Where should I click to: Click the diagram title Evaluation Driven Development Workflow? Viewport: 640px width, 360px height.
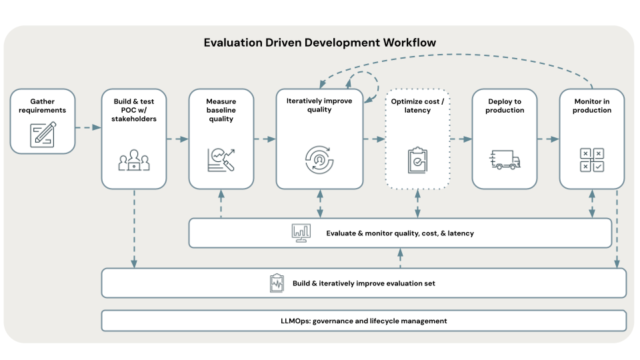pos(320,43)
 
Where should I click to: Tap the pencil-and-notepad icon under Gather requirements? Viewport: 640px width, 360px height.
pos(42,134)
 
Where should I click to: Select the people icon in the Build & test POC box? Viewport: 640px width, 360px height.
pos(134,160)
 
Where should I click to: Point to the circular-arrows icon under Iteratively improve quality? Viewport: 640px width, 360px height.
pos(319,159)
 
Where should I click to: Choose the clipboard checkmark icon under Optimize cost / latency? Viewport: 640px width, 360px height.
pos(417,160)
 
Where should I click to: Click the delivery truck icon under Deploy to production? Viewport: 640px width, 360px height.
pos(504,159)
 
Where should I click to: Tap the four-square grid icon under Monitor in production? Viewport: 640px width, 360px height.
pos(591,160)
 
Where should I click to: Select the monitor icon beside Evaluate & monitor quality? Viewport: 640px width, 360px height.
pos(301,233)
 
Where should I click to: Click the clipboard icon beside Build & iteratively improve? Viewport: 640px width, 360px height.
pos(277,283)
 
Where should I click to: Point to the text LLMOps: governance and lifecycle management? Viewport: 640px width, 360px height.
pos(363,321)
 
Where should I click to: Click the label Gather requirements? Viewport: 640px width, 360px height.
pos(42,105)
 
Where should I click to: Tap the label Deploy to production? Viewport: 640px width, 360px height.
pos(505,106)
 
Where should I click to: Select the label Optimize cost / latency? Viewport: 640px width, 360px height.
pos(417,105)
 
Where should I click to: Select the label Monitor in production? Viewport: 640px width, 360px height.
pos(592,106)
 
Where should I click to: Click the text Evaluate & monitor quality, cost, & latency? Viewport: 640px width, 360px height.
pos(400,233)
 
